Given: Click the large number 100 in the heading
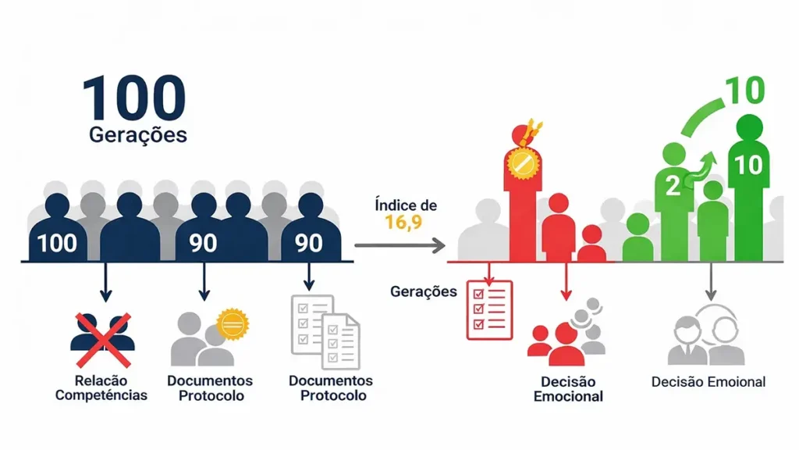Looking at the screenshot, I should [134, 98].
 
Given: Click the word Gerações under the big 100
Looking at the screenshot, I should [138, 134].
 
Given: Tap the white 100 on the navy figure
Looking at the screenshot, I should [57, 243].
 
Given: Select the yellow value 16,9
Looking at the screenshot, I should [404, 223].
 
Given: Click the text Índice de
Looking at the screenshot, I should [405, 205].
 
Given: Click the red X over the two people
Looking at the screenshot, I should [102, 339].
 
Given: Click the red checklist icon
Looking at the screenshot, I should [489, 309].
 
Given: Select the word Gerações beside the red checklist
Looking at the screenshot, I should [423, 291].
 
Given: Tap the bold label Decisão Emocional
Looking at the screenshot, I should [568, 389].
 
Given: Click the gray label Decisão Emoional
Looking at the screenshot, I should [708, 382].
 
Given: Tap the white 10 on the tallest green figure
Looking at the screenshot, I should [748, 165].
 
